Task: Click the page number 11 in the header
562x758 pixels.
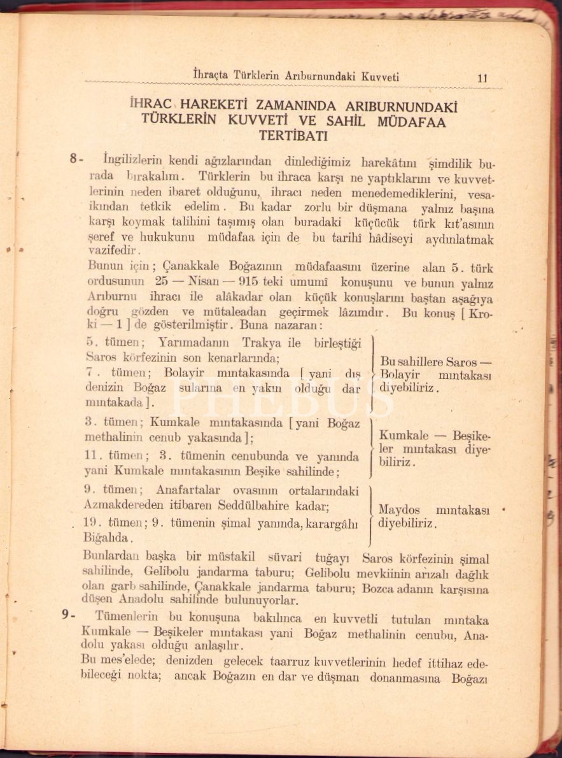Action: [x=482, y=78]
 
